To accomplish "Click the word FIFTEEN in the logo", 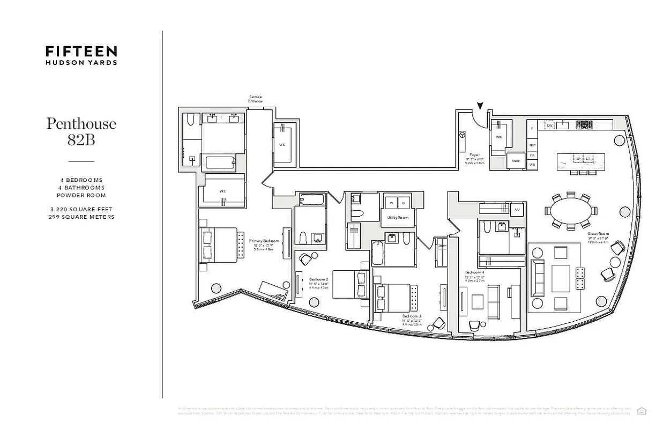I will [x=81, y=51].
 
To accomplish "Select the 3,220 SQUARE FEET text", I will [x=81, y=210].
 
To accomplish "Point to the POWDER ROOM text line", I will [x=81, y=195].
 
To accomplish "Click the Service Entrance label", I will [x=256, y=99].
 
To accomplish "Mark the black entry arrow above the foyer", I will [x=480, y=107].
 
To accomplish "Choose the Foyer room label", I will [x=475, y=155].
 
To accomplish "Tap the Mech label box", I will [x=516, y=161].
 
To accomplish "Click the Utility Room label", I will [x=398, y=218].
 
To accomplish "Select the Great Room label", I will [x=598, y=234].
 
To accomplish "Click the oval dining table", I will [x=571, y=210].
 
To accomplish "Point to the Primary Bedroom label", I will [x=264, y=241].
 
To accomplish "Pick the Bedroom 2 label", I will [x=318, y=279].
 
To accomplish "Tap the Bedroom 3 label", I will [x=412, y=316].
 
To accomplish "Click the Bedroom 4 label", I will [x=474, y=272].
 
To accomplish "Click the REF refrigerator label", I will [x=532, y=145].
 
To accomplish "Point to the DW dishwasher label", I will [x=549, y=125].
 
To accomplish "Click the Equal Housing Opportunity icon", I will [x=642, y=411].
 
